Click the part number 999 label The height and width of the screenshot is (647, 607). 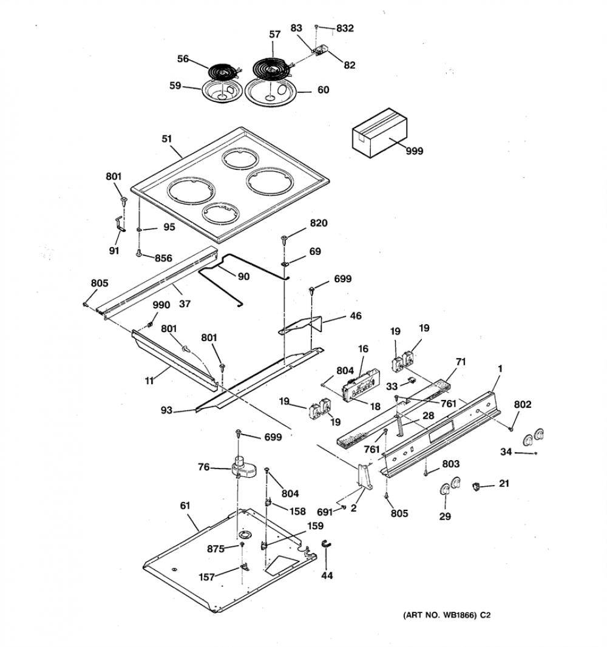pyautogui.click(x=415, y=151)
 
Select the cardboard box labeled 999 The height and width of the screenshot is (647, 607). pyautogui.click(x=379, y=132)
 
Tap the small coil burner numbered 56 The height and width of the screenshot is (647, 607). pyautogui.click(x=223, y=72)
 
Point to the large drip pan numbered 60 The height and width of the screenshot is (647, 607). pyautogui.click(x=271, y=91)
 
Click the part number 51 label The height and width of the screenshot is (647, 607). pyautogui.click(x=167, y=138)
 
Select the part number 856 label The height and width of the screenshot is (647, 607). pyautogui.click(x=163, y=259)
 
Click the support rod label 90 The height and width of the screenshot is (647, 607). pyautogui.click(x=244, y=276)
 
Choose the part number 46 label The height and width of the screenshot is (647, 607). pyautogui.click(x=355, y=316)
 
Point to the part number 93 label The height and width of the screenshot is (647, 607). pyautogui.click(x=167, y=410)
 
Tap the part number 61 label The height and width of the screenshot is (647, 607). pyautogui.click(x=185, y=506)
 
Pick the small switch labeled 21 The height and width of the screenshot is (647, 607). pyautogui.click(x=476, y=487)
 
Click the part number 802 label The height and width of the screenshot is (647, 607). pyautogui.click(x=523, y=404)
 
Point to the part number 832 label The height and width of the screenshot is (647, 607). pyautogui.click(x=345, y=28)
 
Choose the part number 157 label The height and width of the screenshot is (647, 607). pyautogui.click(x=207, y=577)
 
